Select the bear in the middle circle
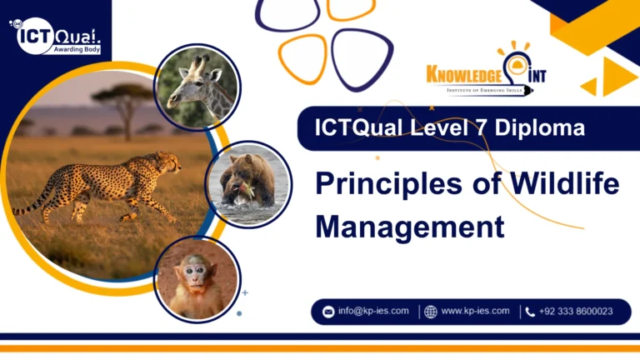pyautogui.click(x=245, y=177)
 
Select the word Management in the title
pyautogui.click(x=409, y=226)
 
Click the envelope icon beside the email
pyautogui.click(x=327, y=312)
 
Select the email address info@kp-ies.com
pyautogui.click(x=372, y=311)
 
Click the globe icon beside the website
pyautogui.click(x=430, y=312)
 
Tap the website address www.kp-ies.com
pyautogui.click(x=475, y=311)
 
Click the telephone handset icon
pyautogui.click(x=530, y=312)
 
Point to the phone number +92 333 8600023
pyautogui.click(x=576, y=312)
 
